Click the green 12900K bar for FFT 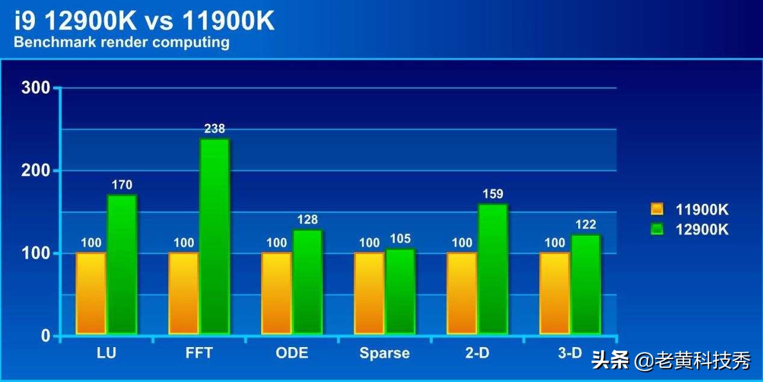tap(215, 236)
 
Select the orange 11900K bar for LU tap(91, 293)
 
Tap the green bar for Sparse tap(400, 291)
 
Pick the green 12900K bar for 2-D tap(493, 269)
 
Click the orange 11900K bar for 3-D tap(554, 293)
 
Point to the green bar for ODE tap(307, 282)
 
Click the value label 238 tap(214, 128)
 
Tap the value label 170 tap(122, 185)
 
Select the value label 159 tap(493, 194)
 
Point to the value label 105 tap(400, 239)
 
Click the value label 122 tap(585, 224)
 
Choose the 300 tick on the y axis tap(36, 88)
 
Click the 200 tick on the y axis tap(36, 171)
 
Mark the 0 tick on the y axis tap(46, 336)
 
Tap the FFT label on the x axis tap(199, 353)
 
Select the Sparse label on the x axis tap(385, 353)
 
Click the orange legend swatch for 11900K tap(657, 209)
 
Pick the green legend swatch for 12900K tap(657, 229)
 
